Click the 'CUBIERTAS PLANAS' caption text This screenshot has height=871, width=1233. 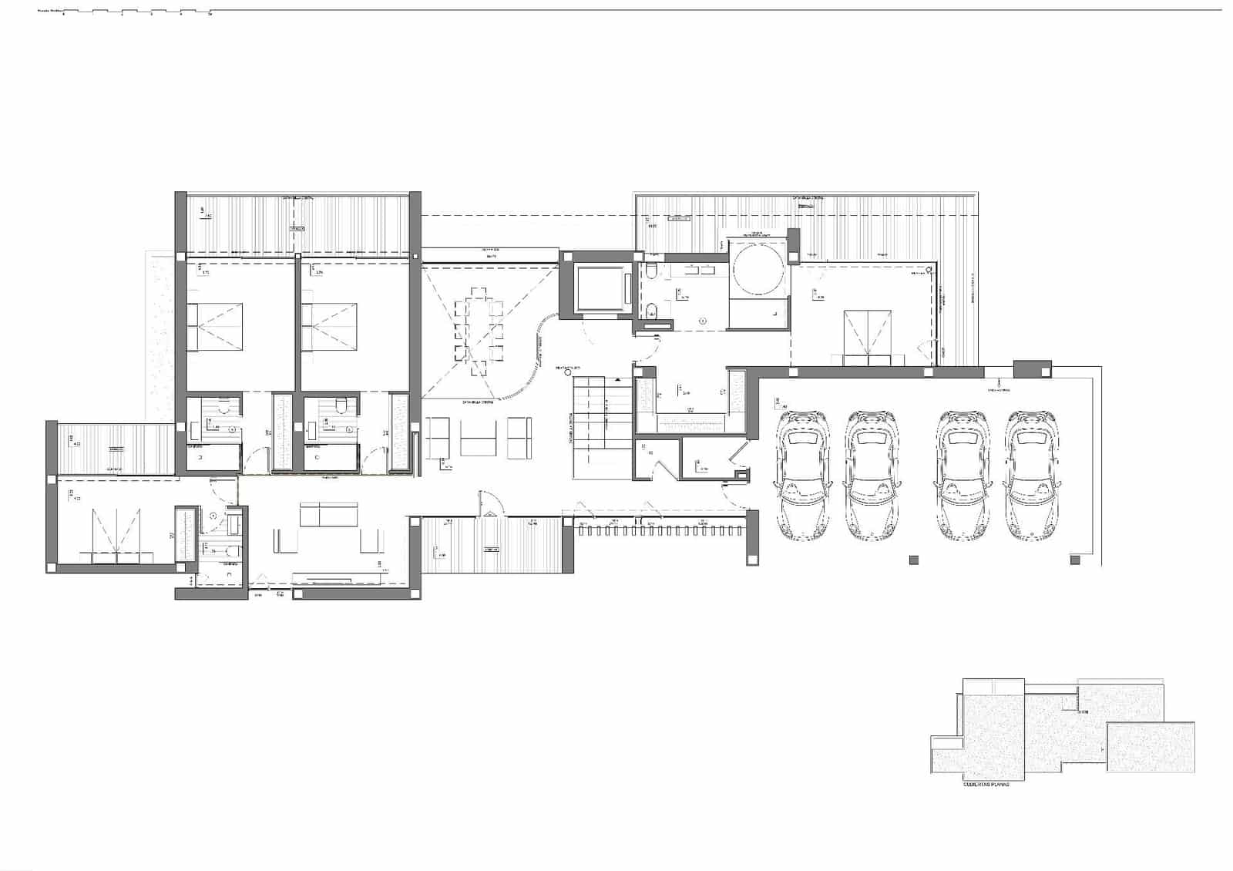click(986, 784)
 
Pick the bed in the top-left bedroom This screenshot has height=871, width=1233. click(216, 327)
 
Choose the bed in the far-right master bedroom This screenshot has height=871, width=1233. click(868, 336)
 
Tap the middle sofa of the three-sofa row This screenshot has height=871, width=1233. click(478, 436)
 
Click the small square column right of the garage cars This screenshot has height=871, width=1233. click(1076, 560)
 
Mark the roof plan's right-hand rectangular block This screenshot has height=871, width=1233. click(1150, 746)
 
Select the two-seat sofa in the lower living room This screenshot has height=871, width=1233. click(328, 515)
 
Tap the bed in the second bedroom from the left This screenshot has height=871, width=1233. click(331, 327)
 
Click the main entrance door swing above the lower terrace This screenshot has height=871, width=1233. click(492, 503)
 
